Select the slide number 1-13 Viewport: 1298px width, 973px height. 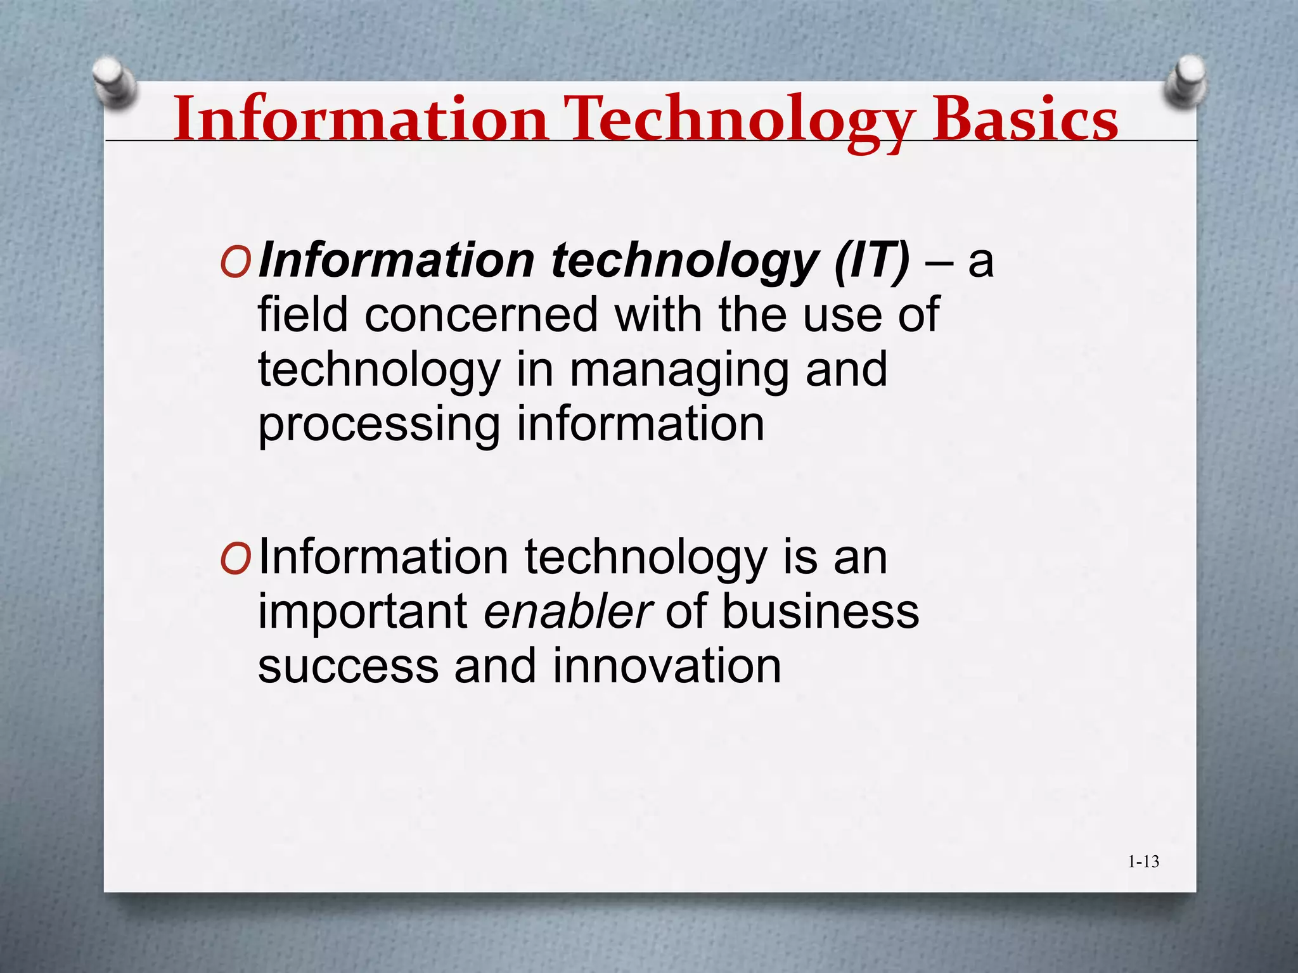pyautogui.click(x=1143, y=862)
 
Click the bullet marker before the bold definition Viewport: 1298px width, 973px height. pyautogui.click(x=235, y=262)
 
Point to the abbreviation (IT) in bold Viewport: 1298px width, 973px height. pyautogui.click(x=871, y=261)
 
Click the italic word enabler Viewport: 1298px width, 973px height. pyautogui.click(x=567, y=612)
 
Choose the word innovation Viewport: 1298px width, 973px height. pyautogui.click(x=667, y=666)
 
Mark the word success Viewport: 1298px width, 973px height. pyautogui.click(x=348, y=668)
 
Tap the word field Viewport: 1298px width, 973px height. pyautogui.click(x=302, y=315)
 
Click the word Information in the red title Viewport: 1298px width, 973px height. pyautogui.click(x=360, y=120)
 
